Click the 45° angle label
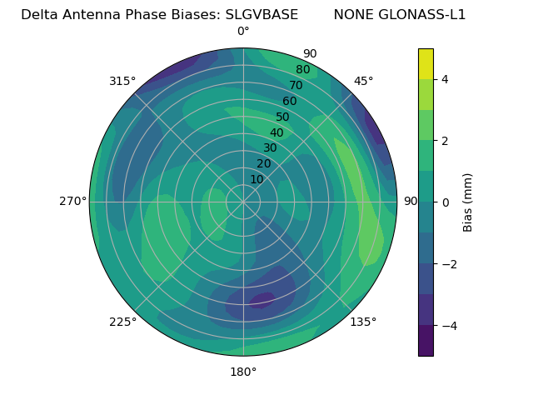(364, 81)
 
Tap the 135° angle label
(363, 322)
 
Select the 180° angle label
(243, 372)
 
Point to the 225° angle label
(122, 322)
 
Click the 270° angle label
(72, 201)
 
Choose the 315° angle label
(122, 81)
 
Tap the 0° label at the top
(243, 32)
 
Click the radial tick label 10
(257, 179)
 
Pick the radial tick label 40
(276, 132)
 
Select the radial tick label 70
(296, 85)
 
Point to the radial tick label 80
(303, 69)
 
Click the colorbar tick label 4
(445, 79)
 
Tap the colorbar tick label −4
(446, 325)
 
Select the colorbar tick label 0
(445, 202)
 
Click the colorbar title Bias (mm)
(468, 202)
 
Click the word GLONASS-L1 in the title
(423, 14)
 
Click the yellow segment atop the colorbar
(426, 63)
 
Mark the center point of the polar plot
(243, 202)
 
